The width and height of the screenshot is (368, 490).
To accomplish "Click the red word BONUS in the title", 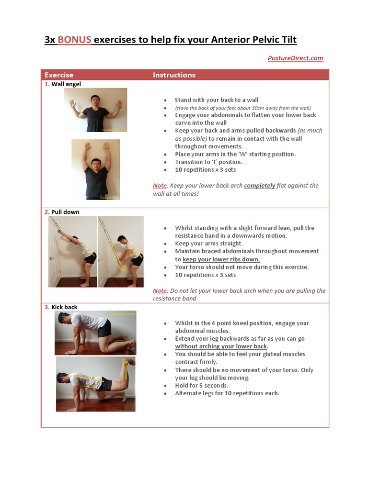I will tap(74, 40).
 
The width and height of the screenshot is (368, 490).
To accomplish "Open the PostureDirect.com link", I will tap(295, 58).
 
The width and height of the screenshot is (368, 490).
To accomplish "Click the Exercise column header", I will tap(59, 75).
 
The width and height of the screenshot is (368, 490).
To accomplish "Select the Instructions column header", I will tap(174, 75).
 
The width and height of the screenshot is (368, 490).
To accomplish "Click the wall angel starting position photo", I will tap(96, 110).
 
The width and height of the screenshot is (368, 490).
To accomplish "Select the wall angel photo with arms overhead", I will tap(96, 169).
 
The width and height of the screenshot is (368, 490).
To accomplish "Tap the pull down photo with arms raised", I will tap(73, 251).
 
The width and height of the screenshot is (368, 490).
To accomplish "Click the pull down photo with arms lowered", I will tap(121, 251).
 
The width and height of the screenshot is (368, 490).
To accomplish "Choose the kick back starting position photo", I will tap(95, 333).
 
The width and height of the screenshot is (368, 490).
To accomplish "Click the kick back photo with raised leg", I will tap(95, 384).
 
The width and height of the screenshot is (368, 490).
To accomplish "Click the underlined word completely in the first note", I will tap(260, 186).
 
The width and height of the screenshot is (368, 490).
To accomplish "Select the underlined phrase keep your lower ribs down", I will tap(221, 259).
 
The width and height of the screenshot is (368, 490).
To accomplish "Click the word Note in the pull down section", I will tap(160, 291).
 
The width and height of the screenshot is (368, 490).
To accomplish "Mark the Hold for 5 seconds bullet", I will tap(201, 386).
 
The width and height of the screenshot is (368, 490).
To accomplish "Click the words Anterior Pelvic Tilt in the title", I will tap(253, 40).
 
